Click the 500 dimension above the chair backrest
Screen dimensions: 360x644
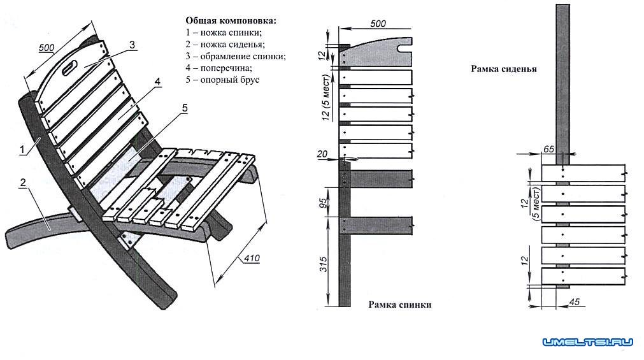tap(47, 48)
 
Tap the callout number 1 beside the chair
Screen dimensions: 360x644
tap(22, 150)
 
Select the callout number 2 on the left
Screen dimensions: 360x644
tap(22, 183)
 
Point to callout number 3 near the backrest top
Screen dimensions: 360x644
tap(131, 45)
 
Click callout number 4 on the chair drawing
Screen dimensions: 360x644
tap(157, 81)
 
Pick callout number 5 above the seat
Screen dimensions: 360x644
tap(184, 108)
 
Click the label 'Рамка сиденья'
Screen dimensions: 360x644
tap(504, 68)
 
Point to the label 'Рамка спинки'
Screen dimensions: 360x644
tap(399, 305)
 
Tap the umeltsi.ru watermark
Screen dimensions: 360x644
tap(587, 343)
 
